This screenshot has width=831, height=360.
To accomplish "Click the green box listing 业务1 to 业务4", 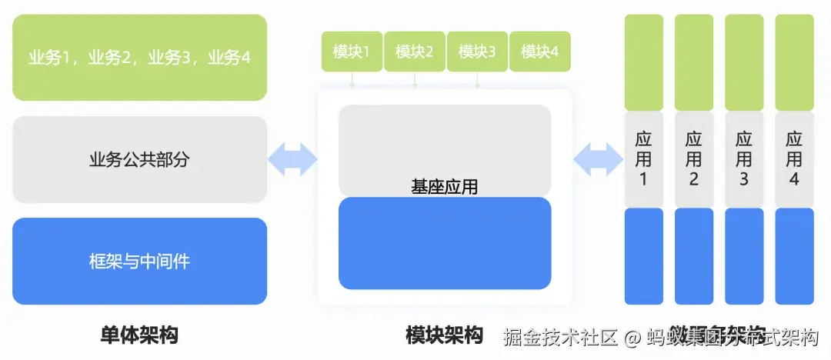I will click(x=139, y=57).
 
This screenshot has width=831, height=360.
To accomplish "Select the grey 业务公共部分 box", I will click(x=139, y=159).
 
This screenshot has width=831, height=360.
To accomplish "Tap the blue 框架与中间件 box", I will click(x=139, y=261).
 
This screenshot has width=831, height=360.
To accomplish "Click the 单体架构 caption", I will click(x=139, y=335).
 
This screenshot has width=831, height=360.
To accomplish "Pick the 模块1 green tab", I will click(x=352, y=52).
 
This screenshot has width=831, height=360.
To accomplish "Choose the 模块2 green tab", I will click(x=414, y=52).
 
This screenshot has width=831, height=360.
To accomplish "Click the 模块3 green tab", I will click(x=477, y=52).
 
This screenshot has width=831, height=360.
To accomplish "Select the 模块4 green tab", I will click(x=539, y=52).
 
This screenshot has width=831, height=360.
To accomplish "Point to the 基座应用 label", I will click(x=445, y=187).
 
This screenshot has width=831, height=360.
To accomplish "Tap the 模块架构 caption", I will click(x=444, y=335).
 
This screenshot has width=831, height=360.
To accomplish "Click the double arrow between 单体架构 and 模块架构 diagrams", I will click(x=292, y=159).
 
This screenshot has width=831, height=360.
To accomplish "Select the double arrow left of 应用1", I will click(x=598, y=159).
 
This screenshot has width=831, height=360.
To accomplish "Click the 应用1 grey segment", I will click(x=643, y=159).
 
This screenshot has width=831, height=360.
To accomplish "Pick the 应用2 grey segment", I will click(x=693, y=159).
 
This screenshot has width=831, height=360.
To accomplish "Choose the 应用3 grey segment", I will click(x=743, y=159).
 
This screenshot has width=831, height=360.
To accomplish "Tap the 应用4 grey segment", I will click(x=794, y=159).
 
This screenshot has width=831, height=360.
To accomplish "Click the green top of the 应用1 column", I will click(x=643, y=62).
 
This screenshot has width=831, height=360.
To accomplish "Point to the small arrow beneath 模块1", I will click(x=352, y=80).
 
